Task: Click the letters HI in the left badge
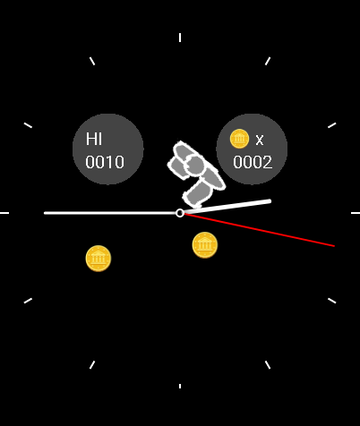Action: click(94, 139)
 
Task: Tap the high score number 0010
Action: click(105, 162)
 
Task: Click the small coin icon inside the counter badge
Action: click(239, 139)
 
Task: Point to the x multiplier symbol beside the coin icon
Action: click(260, 140)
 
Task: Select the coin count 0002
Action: click(253, 162)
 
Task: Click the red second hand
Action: click(259, 230)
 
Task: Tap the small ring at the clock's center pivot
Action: click(180, 213)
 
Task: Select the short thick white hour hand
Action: click(227, 207)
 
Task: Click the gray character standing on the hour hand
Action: click(195, 173)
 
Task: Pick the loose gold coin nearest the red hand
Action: click(205, 245)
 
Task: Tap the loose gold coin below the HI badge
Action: click(99, 259)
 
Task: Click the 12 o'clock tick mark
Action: click(180, 38)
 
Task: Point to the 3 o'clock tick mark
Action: click(356, 213)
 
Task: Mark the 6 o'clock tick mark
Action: click(180, 386)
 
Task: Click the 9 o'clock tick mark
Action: click(4, 213)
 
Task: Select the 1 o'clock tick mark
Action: click(268, 61)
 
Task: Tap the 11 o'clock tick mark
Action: click(92, 61)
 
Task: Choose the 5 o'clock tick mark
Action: click(268, 365)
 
